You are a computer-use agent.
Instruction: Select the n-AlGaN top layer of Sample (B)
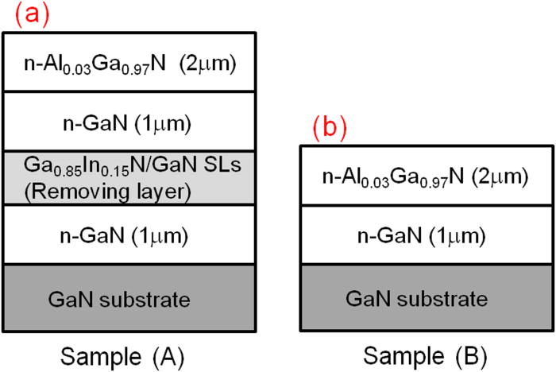(x=426, y=176)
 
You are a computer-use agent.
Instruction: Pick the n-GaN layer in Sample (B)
(x=426, y=236)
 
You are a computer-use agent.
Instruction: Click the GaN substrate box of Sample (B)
(x=426, y=298)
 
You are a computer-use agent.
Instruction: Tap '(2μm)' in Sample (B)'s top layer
(x=496, y=176)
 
